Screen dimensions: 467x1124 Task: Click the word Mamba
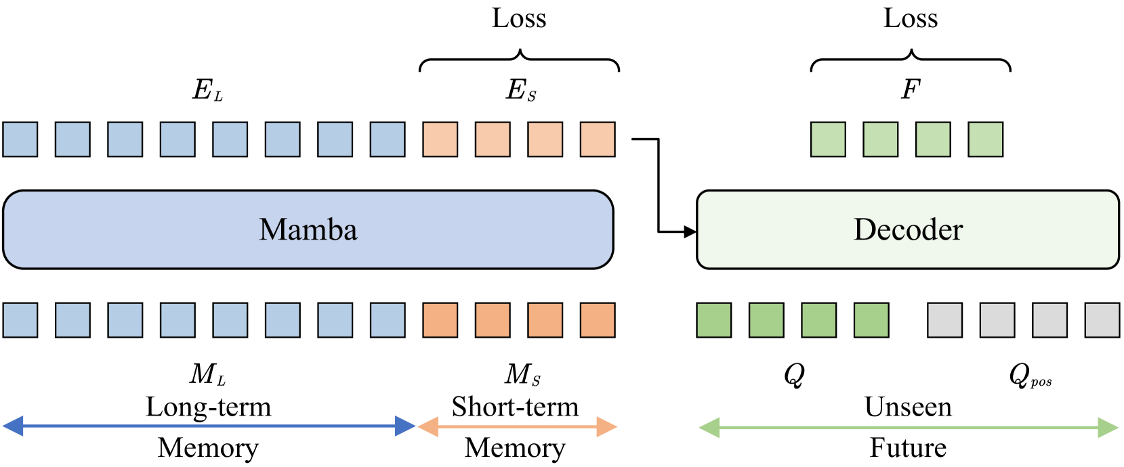tap(308, 230)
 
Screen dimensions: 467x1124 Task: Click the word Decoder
tap(908, 230)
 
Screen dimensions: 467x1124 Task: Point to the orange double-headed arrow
tap(517, 426)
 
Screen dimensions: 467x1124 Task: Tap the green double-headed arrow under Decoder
tap(908, 428)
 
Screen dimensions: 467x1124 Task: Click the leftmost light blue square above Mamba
tap(20, 139)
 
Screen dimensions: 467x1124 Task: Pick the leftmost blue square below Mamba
tap(20, 320)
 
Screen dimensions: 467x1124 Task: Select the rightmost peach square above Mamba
tap(598, 139)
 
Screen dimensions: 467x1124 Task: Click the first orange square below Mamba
tap(440, 320)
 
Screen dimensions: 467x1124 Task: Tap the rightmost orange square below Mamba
tap(598, 320)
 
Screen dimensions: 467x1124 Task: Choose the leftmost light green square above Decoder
tap(828, 139)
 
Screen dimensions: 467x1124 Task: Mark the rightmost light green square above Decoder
tap(986, 139)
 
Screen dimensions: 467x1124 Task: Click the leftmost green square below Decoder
tap(714, 320)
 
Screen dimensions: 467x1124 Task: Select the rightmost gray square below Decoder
tap(1102, 320)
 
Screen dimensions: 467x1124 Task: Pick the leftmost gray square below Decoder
tap(944, 320)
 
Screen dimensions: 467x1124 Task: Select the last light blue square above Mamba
tap(388, 139)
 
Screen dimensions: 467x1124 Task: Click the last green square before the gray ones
tap(871, 320)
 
